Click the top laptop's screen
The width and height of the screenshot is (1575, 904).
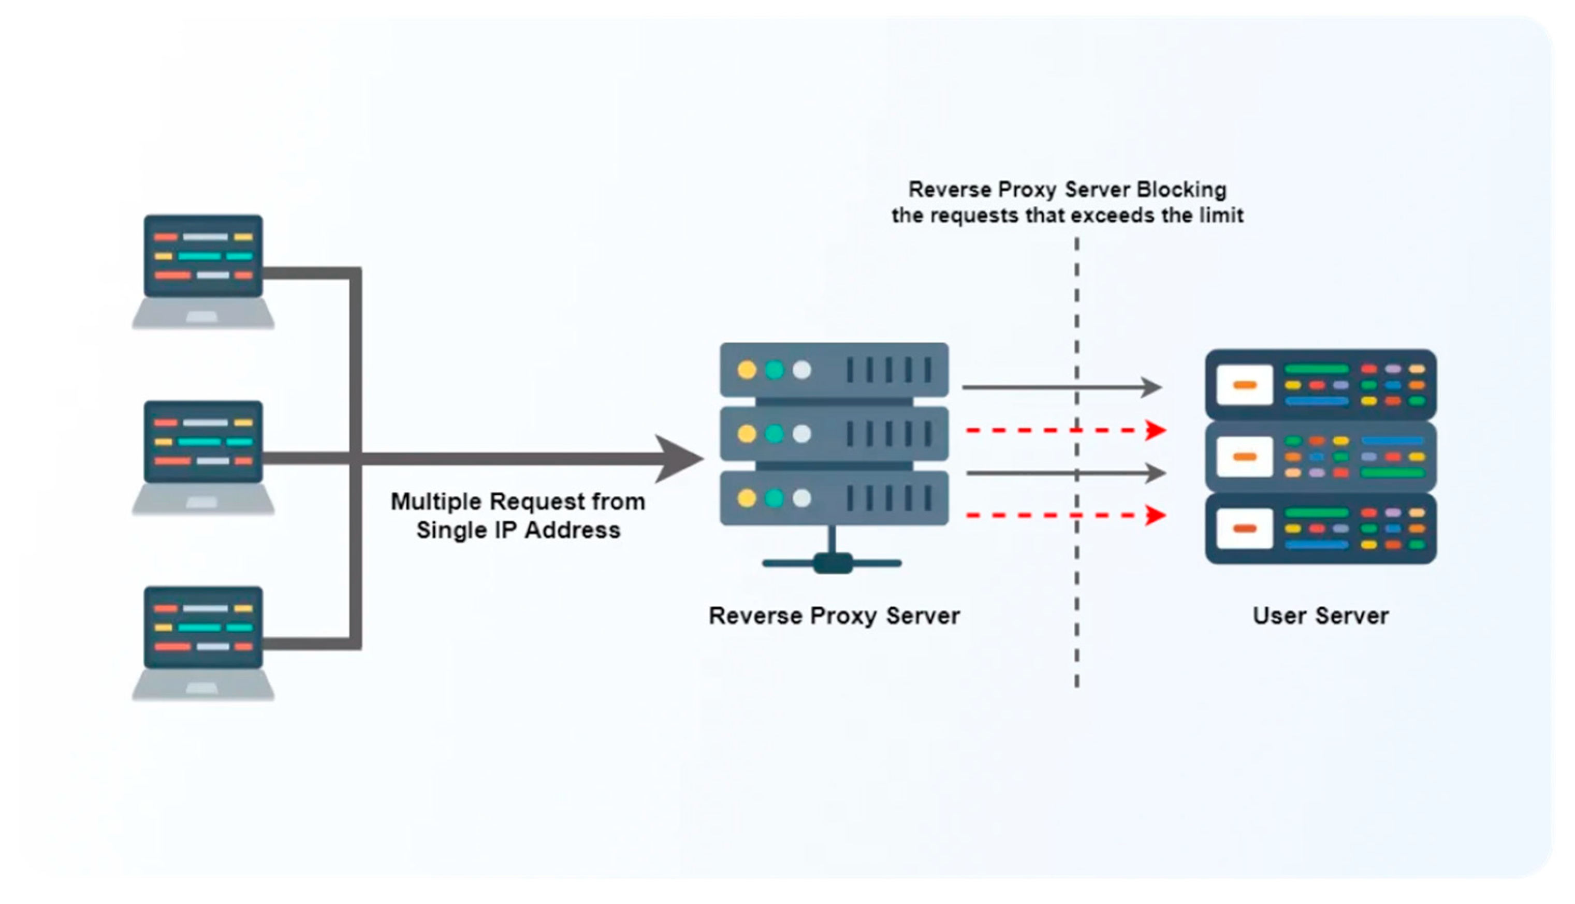pyautogui.click(x=203, y=256)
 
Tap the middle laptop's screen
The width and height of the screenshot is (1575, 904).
pyautogui.click(x=203, y=442)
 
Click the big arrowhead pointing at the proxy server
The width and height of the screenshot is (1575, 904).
pyautogui.click(x=680, y=459)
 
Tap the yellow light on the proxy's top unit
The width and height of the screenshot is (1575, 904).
pyautogui.click(x=747, y=370)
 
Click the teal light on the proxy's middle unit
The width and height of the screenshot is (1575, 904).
pyautogui.click(x=774, y=433)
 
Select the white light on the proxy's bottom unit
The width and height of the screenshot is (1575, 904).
pyautogui.click(x=801, y=498)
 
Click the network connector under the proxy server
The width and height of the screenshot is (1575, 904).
pyautogui.click(x=832, y=563)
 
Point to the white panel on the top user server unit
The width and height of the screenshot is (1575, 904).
pyautogui.click(x=1245, y=385)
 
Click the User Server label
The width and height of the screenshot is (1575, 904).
pyautogui.click(x=1320, y=616)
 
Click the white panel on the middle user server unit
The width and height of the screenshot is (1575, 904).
pyautogui.click(x=1245, y=457)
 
